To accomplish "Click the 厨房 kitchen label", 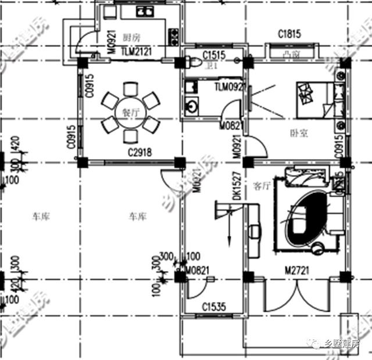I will coord(131,37).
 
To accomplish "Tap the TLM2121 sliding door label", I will coord(136,51).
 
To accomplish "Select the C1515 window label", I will coord(213,55).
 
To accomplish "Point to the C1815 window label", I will coord(289,34).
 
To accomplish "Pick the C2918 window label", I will coord(139,153).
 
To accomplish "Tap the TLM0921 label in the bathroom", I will coord(231,87).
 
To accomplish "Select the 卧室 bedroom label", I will coord(299,134).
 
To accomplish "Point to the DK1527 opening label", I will coord(238,185).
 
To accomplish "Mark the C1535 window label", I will coord(213,306).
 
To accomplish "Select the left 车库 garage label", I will coord(41,216).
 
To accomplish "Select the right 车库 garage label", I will coord(137,216).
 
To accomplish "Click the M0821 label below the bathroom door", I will coord(230,125).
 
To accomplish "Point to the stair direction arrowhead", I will coord(230,239).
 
